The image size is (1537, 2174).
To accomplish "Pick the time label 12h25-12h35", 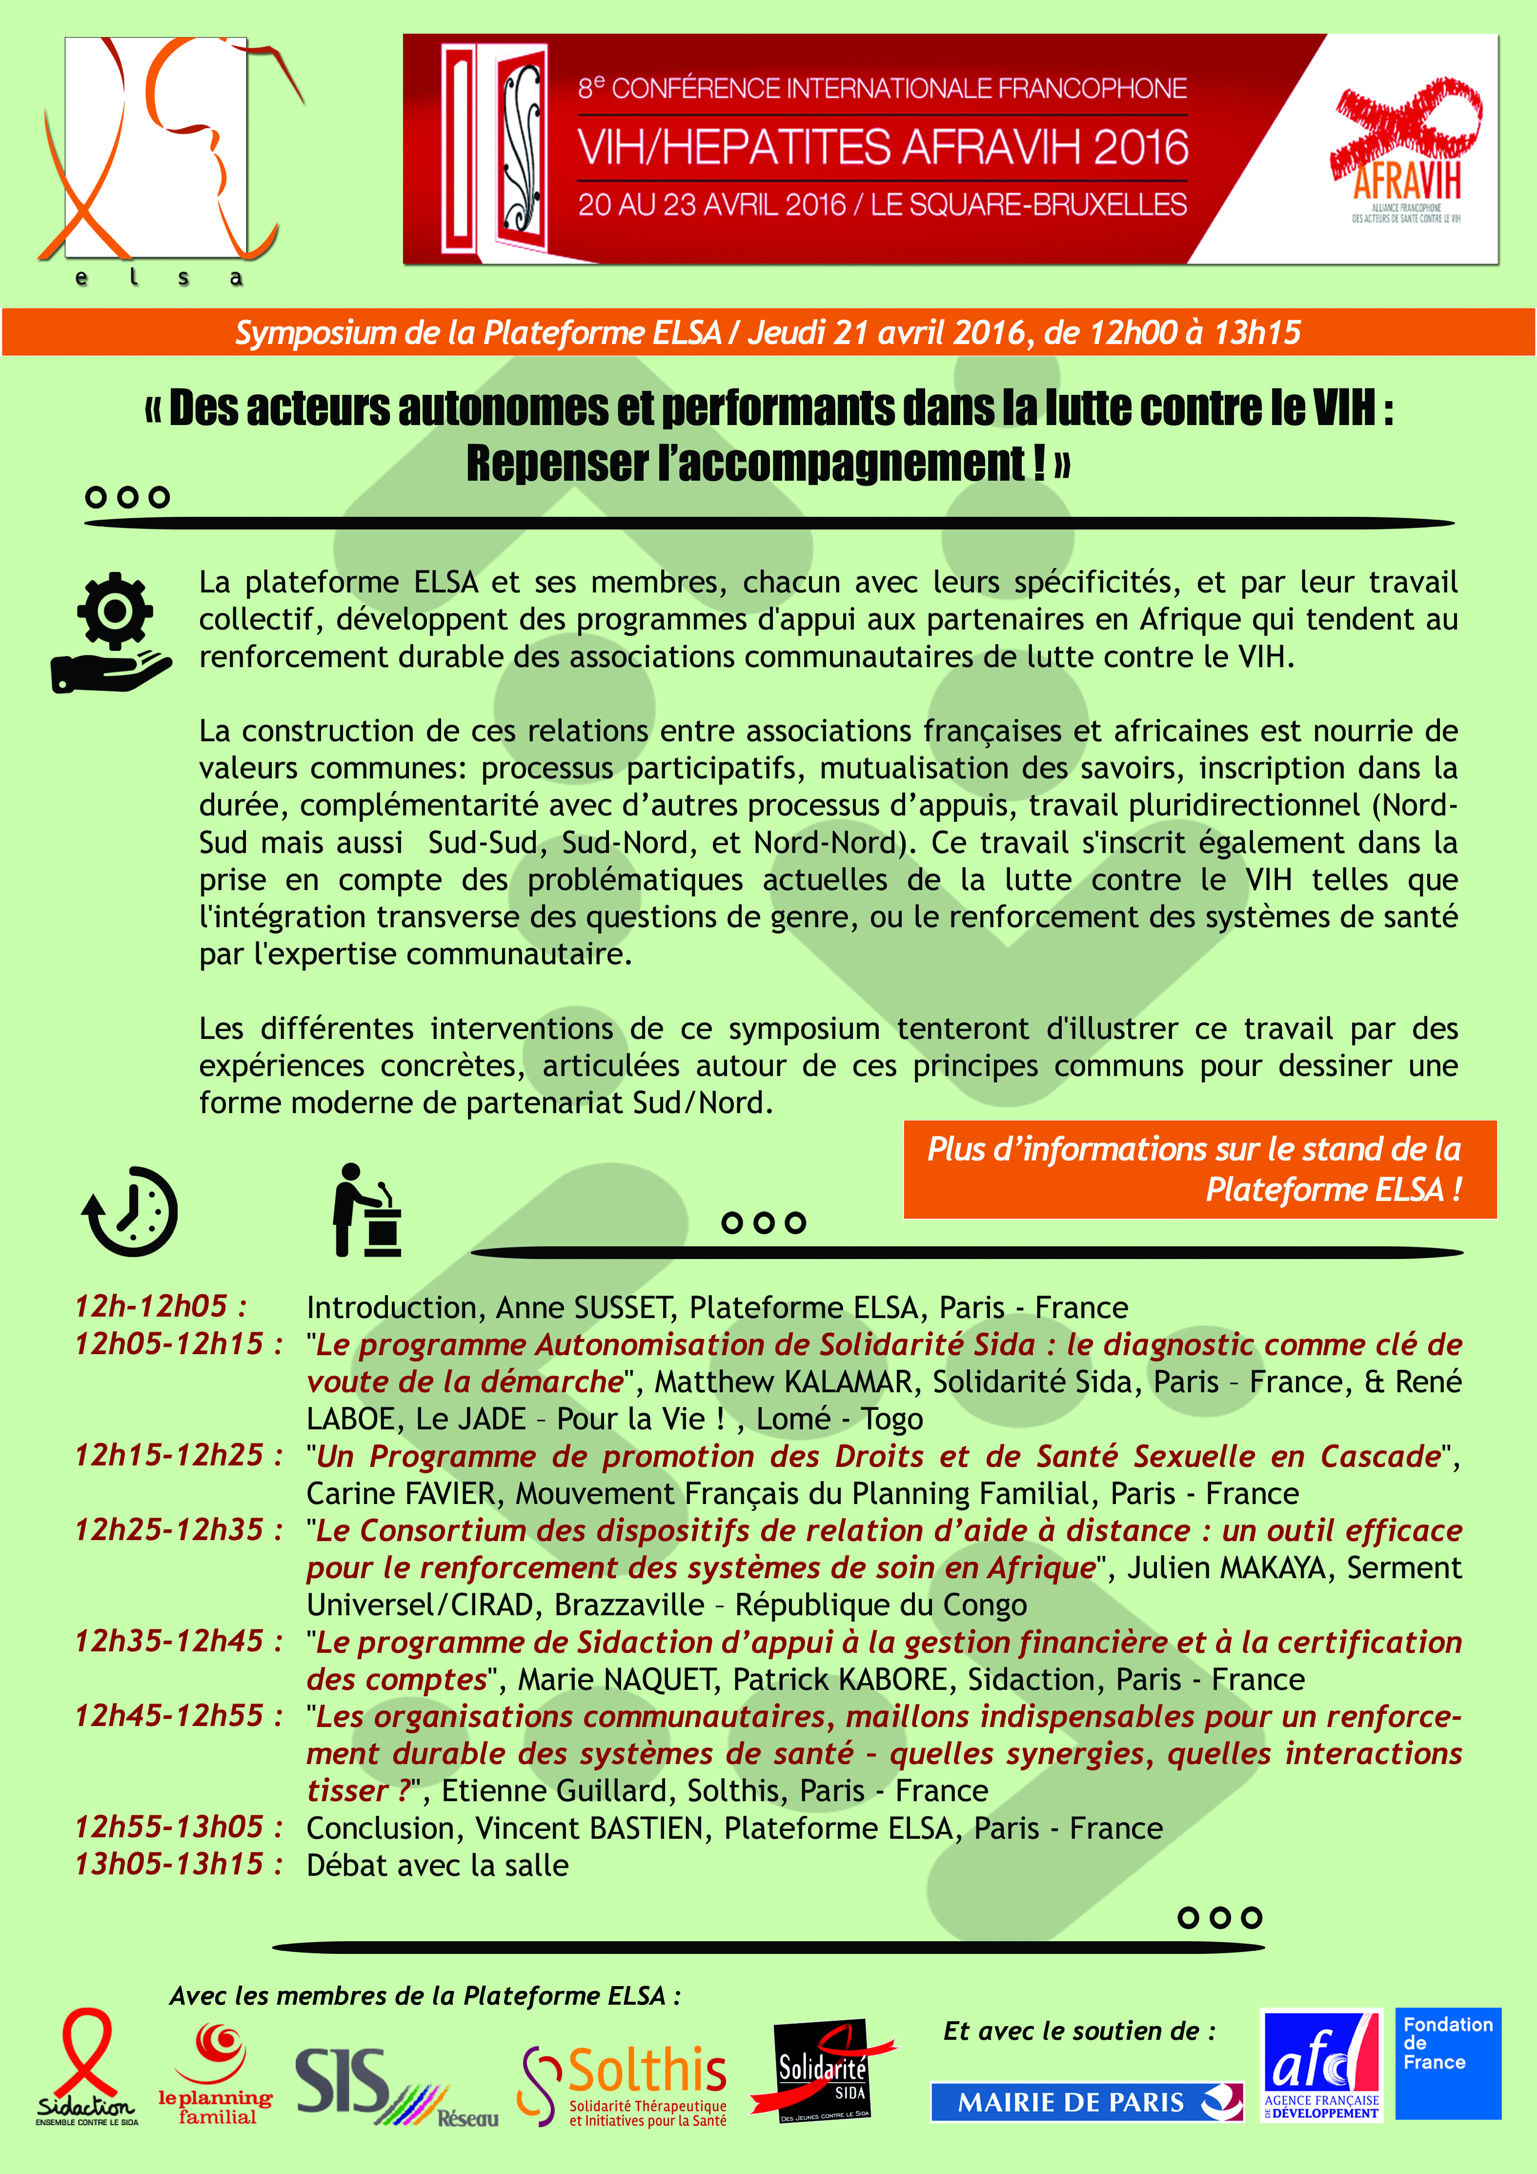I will (x=178, y=1530).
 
